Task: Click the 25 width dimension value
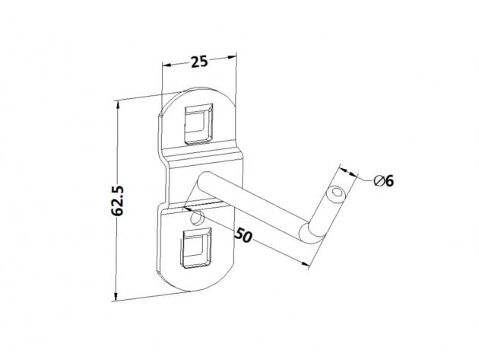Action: (x=199, y=62)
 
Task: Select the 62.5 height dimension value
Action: (x=117, y=201)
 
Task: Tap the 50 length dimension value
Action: (x=243, y=235)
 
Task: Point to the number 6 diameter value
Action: (x=389, y=181)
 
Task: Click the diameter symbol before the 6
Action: (x=379, y=181)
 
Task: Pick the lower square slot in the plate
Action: (x=197, y=248)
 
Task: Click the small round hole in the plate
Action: (x=197, y=218)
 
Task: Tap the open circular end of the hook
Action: (x=336, y=194)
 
